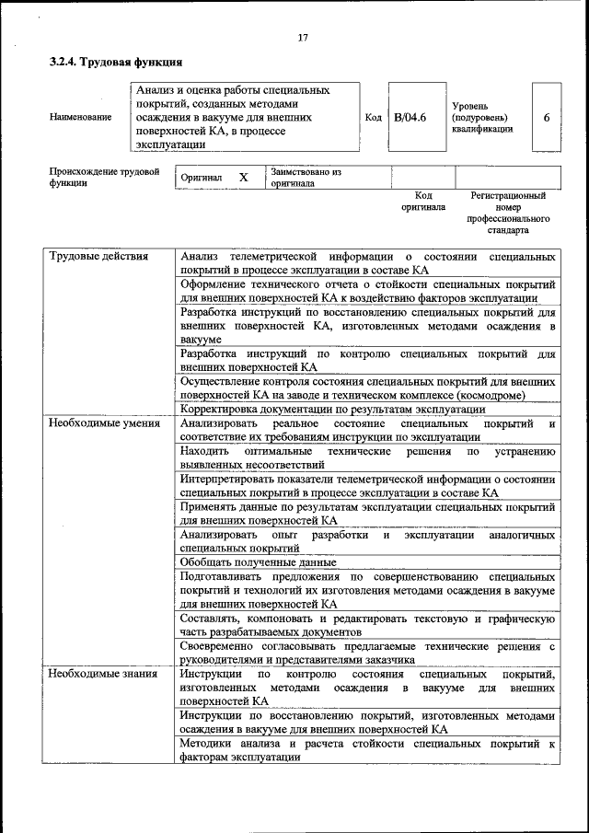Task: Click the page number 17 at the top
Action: coord(303,38)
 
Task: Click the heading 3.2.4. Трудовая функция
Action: coord(115,63)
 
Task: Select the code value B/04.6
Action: coord(410,118)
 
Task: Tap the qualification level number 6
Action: coord(547,118)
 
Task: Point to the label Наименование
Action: coord(81,118)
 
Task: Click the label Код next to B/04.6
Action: coord(373,118)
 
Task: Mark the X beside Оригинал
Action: coord(244,176)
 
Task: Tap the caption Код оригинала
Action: coord(423,202)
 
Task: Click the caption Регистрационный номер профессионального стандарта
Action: coord(508,214)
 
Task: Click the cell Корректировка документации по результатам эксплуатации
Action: coord(332,409)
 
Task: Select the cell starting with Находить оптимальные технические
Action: coord(367,458)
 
